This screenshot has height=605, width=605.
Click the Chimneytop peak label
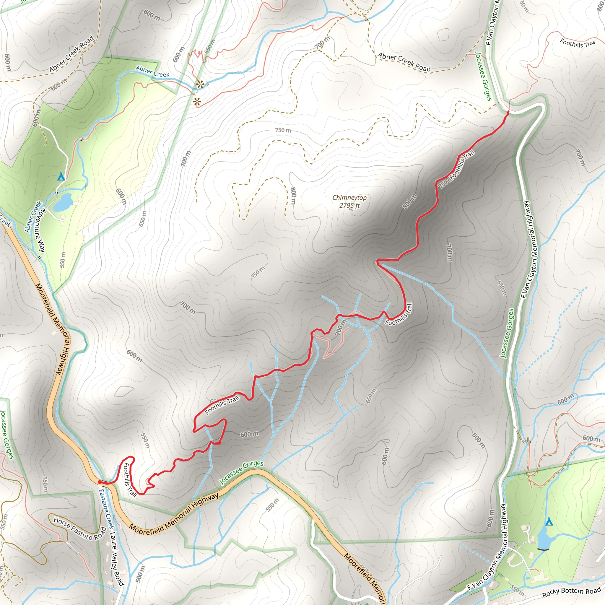tap(349, 198)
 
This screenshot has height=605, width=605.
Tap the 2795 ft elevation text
tap(349, 205)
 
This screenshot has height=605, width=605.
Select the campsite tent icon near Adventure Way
tap(61, 177)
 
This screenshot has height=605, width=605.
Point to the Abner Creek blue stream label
tap(152, 71)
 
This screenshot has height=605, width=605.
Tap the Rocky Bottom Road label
tap(572, 591)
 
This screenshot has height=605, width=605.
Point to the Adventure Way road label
tap(40, 230)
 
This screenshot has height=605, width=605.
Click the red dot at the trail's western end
tap(100, 482)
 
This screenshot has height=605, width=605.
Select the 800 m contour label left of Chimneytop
tap(293, 196)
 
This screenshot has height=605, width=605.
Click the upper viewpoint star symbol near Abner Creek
tap(199, 84)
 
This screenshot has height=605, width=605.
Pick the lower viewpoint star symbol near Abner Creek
tap(197, 101)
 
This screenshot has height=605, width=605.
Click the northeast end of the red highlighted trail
tap(508, 111)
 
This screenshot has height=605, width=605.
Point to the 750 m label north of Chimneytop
tap(283, 130)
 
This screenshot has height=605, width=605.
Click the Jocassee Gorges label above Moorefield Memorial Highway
tap(241, 472)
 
